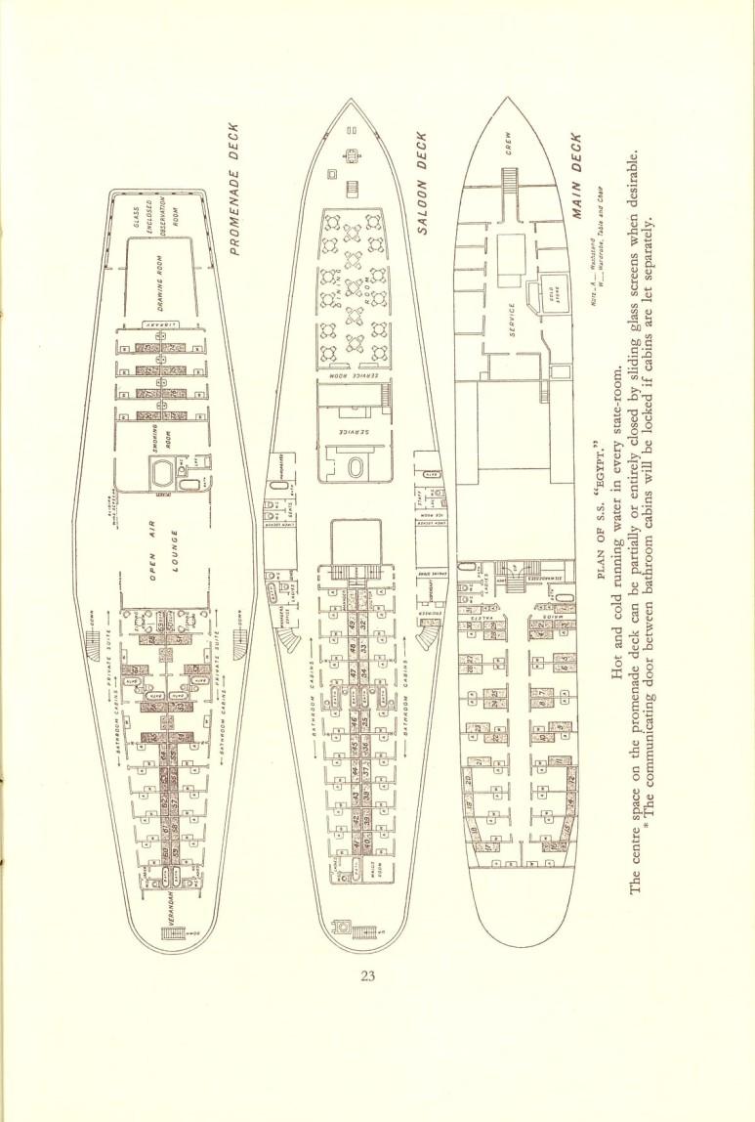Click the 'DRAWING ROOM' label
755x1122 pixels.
[x=168, y=283]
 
